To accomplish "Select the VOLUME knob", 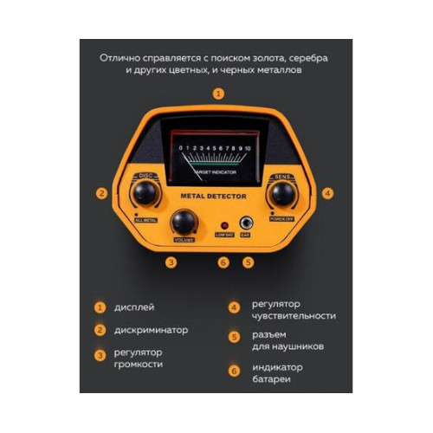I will pos(184,222).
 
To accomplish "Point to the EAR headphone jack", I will pos(246,222).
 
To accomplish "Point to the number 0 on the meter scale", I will pos(180,148).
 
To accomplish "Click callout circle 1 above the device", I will pos(218,93).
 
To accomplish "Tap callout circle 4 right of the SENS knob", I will pos(326,193).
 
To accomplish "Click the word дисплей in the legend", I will pos(136,307).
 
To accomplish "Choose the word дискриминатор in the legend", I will pos(152,330).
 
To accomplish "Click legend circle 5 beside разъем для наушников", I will pos(234,338).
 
